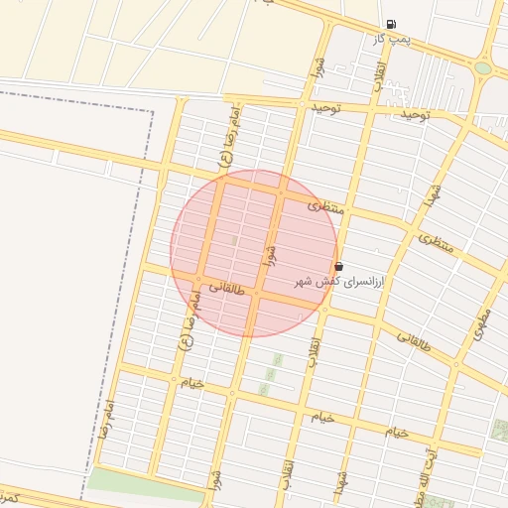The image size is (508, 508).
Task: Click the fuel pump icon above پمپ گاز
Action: (392, 25)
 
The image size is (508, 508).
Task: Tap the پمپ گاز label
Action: (392, 39)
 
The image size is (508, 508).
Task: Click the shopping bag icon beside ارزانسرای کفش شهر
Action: (339, 266)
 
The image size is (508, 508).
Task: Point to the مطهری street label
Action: (483, 325)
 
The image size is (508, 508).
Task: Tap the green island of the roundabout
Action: (483, 68)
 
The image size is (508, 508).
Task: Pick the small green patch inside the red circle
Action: (234, 240)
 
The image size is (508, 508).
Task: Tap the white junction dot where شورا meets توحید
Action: (302, 102)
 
